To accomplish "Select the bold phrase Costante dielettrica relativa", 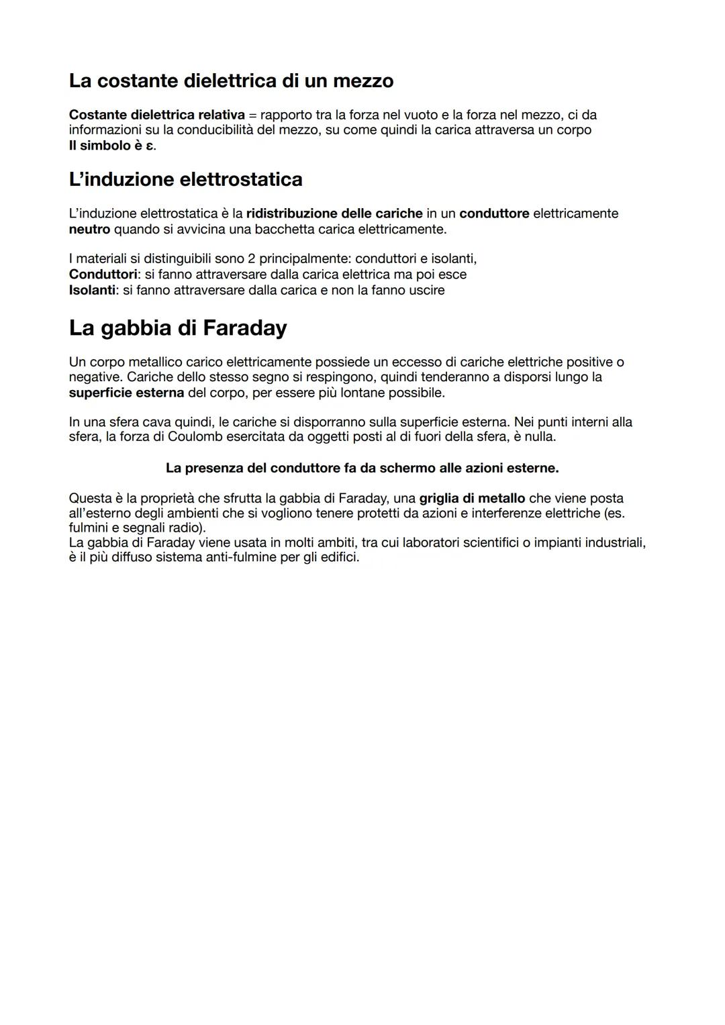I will click(156, 115).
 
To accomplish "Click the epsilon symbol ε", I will click(150, 145).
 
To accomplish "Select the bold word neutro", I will click(89, 229).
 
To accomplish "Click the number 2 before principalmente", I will click(252, 258).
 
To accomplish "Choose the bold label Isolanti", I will click(92, 290).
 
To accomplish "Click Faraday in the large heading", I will click(244, 328).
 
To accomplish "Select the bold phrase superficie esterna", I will click(126, 392).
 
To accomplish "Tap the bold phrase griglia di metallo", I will click(472, 498).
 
